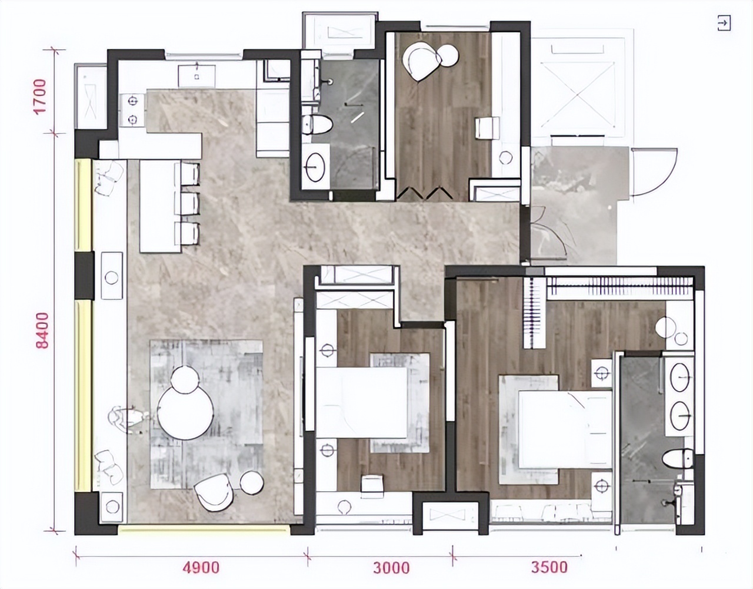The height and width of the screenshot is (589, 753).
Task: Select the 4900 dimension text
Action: click(201, 568)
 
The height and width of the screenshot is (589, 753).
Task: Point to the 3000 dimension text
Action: click(391, 568)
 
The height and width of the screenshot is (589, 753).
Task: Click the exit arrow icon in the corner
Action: click(724, 24)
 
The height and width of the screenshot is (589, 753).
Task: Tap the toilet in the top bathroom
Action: click(316, 125)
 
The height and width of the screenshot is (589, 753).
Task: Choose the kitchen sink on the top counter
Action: click(195, 74)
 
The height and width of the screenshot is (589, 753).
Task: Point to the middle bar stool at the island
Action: click(188, 203)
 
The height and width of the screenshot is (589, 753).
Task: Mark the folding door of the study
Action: click(425, 193)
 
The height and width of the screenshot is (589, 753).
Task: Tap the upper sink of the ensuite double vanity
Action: click(681, 378)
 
